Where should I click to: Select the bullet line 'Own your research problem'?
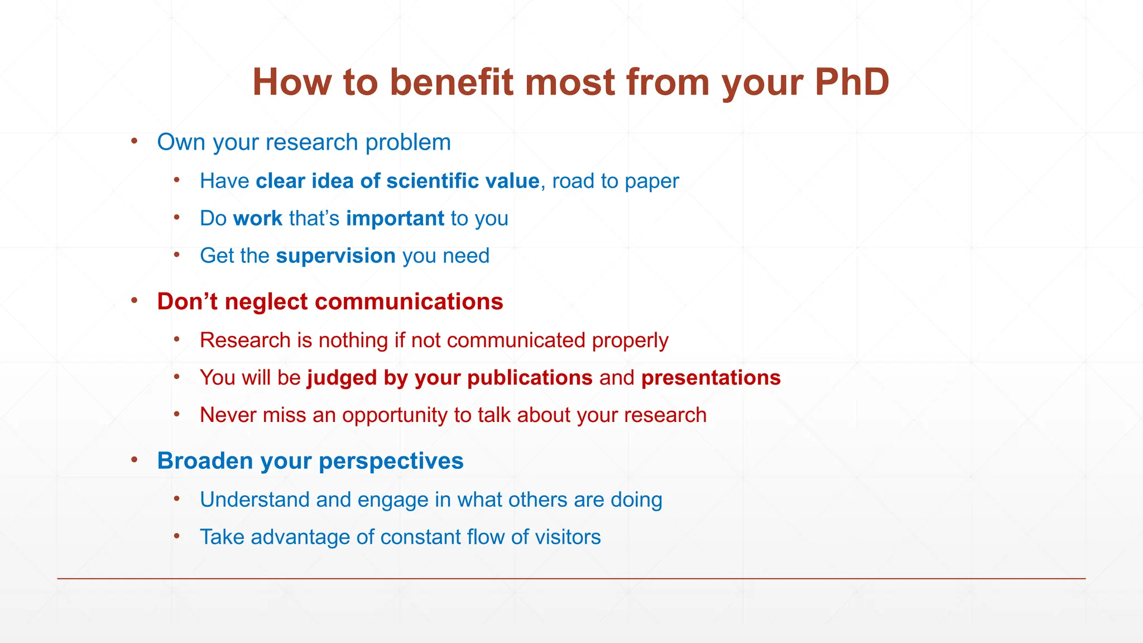pos(304,142)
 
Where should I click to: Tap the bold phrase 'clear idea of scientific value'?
pos(397,181)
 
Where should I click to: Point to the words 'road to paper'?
pos(615,181)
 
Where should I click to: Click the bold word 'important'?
pos(395,218)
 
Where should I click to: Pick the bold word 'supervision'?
pos(335,256)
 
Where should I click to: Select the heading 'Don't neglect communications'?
pos(330,301)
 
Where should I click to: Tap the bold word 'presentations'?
pos(710,378)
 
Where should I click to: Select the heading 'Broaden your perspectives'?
pos(310,461)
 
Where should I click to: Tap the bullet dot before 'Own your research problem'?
pos(135,141)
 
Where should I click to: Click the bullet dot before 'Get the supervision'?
pos(177,255)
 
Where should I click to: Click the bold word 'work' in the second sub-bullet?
pos(257,218)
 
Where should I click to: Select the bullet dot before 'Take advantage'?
pos(177,536)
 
